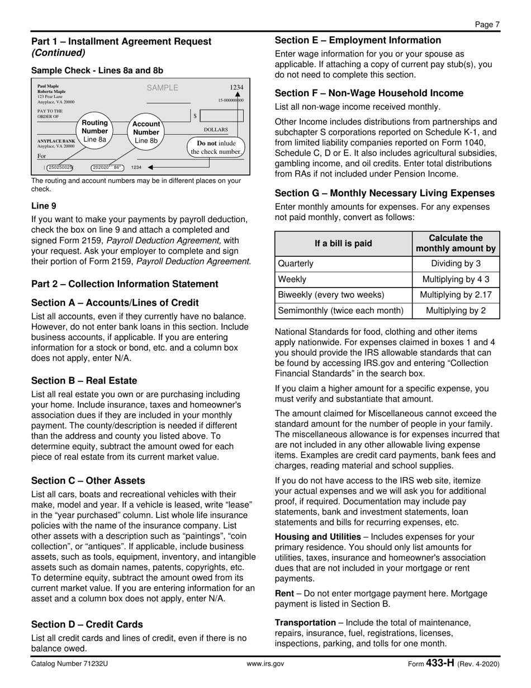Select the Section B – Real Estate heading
click(84, 381)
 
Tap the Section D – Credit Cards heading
click(87, 625)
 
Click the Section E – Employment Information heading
click(358, 40)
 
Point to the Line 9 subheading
click(44, 206)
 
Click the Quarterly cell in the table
click(296, 263)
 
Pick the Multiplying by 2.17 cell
click(456, 295)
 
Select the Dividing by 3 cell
click(456, 263)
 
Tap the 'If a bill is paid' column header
click(343, 243)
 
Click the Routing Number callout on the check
click(94, 131)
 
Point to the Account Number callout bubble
click(146, 132)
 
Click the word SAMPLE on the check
click(162, 88)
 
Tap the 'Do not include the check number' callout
click(216, 147)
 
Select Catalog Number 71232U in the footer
click(70, 664)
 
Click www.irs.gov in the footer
click(265, 664)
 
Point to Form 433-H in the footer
click(432, 664)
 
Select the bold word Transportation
click(305, 623)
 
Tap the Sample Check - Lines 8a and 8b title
click(97, 70)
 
